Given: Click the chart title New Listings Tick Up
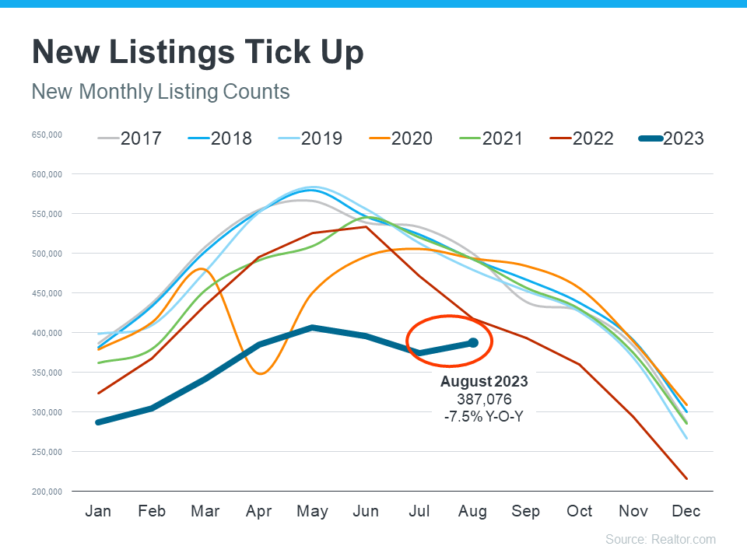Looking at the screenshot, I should pos(198,53).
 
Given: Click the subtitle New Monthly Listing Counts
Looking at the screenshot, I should pos(160,92).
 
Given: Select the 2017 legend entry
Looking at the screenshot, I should pos(130,138).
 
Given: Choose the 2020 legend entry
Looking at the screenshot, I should pos(401,138).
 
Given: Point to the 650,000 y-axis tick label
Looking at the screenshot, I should pos(47,135).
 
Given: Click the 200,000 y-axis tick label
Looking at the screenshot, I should pos(47,492).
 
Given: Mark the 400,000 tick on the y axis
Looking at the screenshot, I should pos(47,333).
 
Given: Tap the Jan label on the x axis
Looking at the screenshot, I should pos(98,511).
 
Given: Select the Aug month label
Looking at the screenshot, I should pos(473,511).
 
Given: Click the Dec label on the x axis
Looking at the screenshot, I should pos(686,511).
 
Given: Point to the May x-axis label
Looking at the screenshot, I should pos(312,511).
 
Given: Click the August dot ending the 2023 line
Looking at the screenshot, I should pos(473,342).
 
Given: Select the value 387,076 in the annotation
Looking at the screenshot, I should pos(484,399).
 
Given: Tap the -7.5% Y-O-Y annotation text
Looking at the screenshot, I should pos(484,416).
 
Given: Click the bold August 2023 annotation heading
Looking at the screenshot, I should pos(484,382).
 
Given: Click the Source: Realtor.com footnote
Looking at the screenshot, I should pos(661,539).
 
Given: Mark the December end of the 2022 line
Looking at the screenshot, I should pos(686,478).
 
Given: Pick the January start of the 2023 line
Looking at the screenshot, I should pos(99,422).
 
